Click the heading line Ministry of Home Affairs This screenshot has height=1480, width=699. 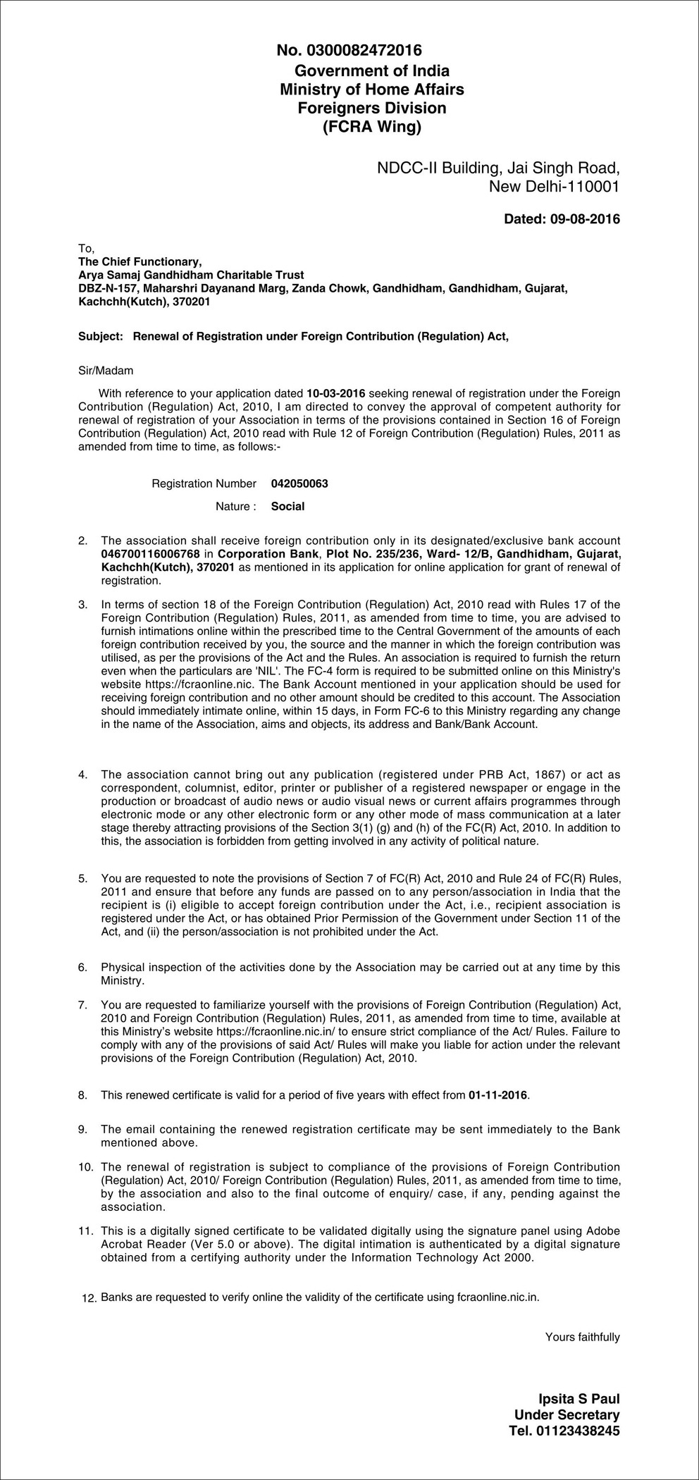371,90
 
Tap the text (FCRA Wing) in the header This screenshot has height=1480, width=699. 371,128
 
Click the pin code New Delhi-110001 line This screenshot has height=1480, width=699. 554,187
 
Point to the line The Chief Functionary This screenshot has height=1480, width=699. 140,261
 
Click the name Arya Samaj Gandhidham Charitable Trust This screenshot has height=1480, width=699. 191,275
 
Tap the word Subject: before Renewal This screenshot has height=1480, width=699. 100,336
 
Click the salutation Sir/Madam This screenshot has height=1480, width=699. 105,370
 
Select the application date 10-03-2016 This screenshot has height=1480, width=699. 336,393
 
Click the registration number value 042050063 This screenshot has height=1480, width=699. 299,483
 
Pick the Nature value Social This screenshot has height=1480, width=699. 287,506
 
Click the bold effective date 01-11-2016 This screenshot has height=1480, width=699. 497,1095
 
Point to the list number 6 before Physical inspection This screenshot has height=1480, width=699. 82,968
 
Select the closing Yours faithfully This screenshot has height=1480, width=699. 582,1337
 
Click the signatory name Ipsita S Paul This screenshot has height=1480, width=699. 579,1400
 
